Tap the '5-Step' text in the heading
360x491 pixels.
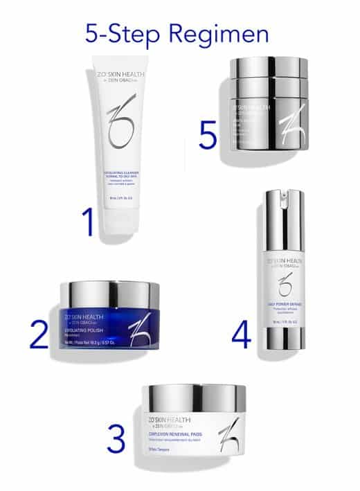(x=125, y=33)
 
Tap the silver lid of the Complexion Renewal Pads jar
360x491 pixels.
(x=194, y=396)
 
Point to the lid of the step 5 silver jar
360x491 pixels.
(x=269, y=70)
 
